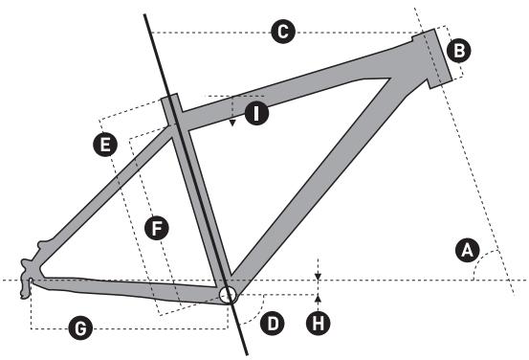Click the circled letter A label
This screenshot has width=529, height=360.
click(x=467, y=251)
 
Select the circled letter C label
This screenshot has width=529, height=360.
click(x=281, y=33)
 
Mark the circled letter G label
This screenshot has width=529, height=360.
click(x=82, y=328)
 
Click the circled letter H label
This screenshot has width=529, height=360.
click(x=318, y=323)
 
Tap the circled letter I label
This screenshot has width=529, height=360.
click(x=255, y=114)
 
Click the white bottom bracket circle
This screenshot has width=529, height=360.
click(x=228, y=294)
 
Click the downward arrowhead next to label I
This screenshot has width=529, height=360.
click(x=232, y=122)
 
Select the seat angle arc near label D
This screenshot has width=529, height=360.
click(x=255, y=304)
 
